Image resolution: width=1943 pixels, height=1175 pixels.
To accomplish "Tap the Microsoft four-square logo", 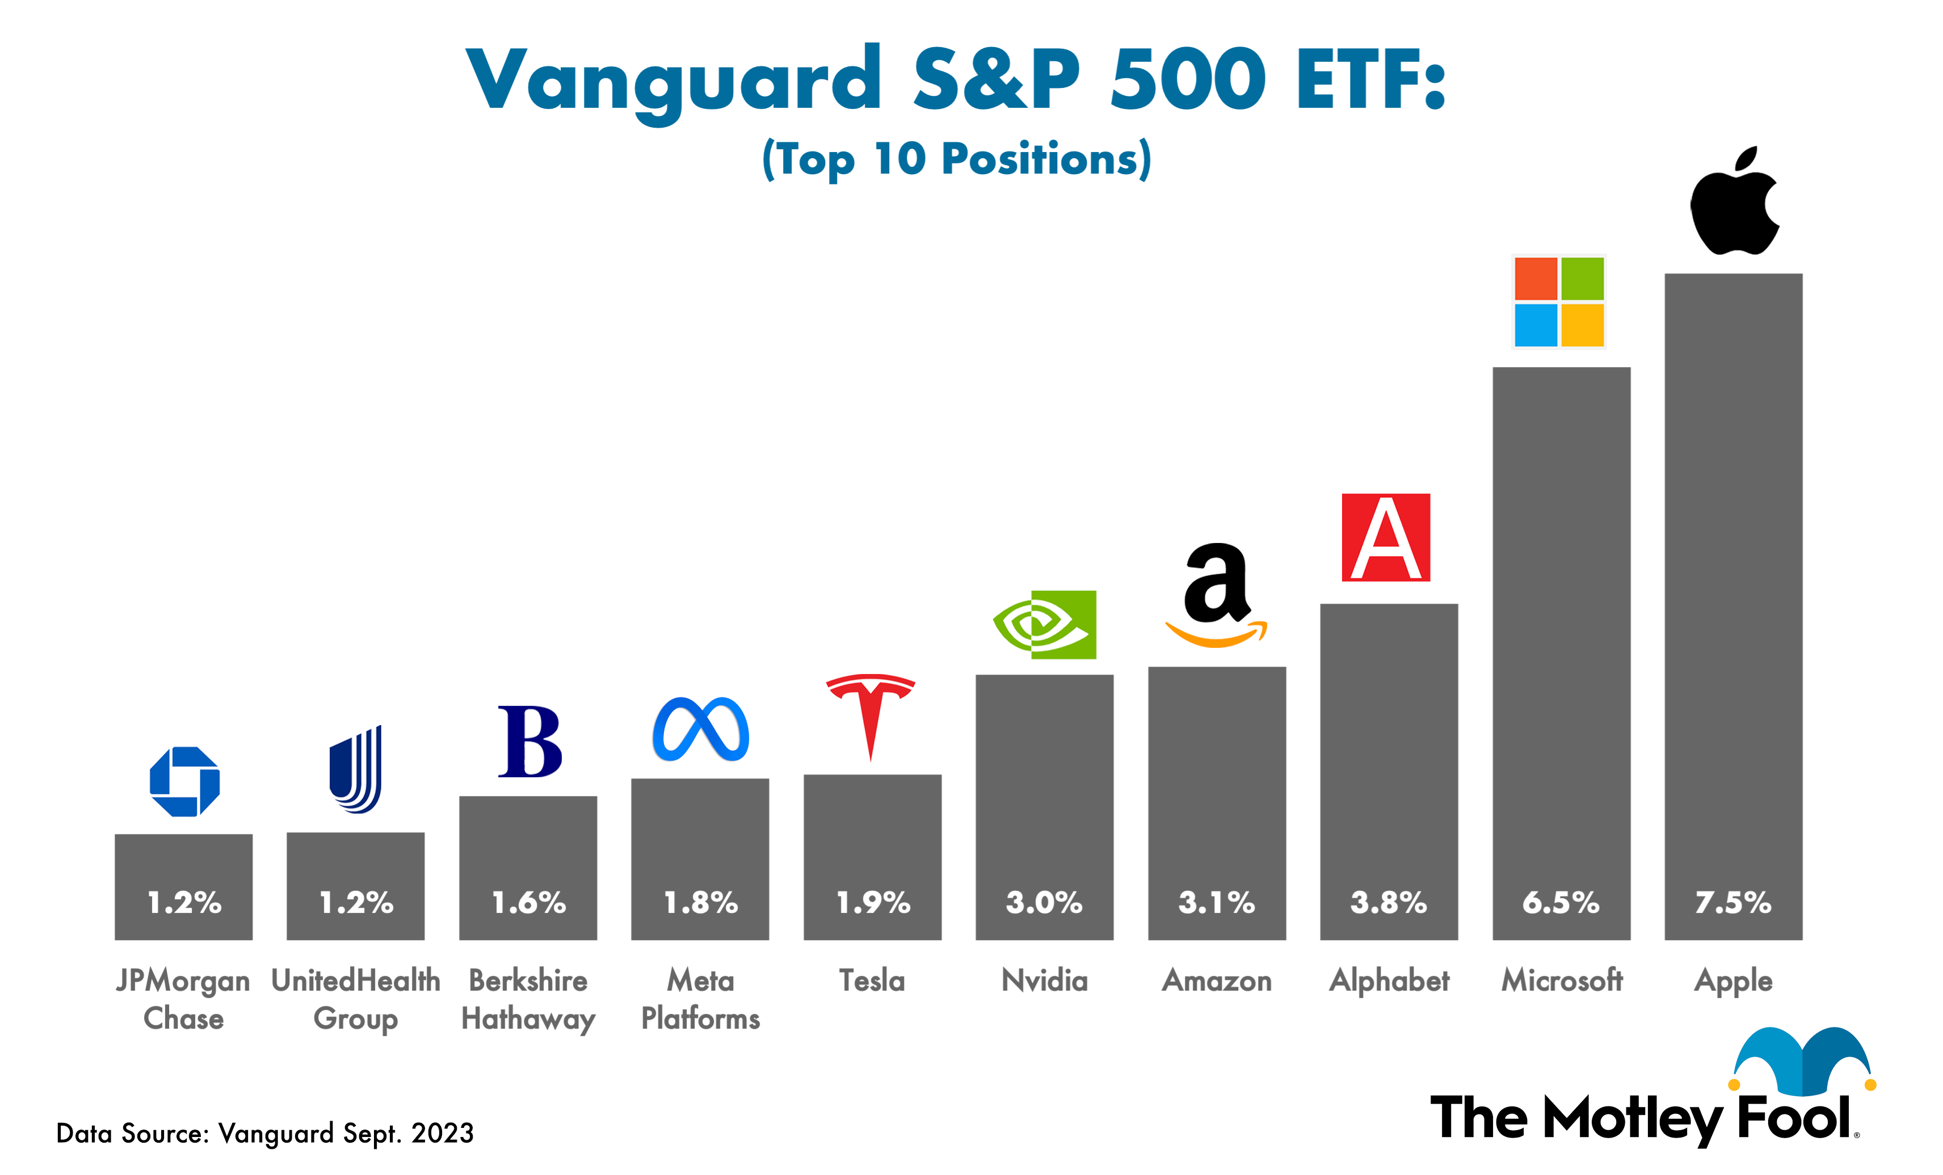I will pos(1559,301).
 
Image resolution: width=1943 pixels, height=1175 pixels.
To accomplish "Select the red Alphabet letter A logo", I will pos(1386,538).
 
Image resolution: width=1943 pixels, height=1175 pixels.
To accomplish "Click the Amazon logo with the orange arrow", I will pos(1217,595).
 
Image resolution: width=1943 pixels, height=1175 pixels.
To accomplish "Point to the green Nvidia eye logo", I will pos(1045,625).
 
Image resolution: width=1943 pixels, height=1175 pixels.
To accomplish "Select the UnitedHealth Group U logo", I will pos(356,769).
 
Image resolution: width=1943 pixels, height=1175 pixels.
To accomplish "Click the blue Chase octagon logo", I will pos(184,781).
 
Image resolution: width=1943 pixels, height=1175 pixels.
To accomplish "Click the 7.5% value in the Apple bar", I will pos(1733,902).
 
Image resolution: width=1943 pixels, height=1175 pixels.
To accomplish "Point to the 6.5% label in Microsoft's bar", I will pos(1561,902).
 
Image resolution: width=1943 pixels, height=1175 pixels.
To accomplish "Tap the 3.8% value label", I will pos(1389,902).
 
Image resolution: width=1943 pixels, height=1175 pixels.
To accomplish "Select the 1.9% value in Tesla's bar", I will pos(872,902).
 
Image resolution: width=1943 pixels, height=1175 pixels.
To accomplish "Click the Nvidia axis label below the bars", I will pos(1044,980).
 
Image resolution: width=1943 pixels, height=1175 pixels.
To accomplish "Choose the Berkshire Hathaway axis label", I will pos(528,999).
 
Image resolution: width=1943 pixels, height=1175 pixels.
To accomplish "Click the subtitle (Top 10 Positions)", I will pos(957,159).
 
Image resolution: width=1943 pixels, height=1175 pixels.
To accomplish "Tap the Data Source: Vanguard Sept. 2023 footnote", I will pos(265,1133).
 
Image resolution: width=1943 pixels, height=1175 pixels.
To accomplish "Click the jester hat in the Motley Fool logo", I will pos(1803,1060).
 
